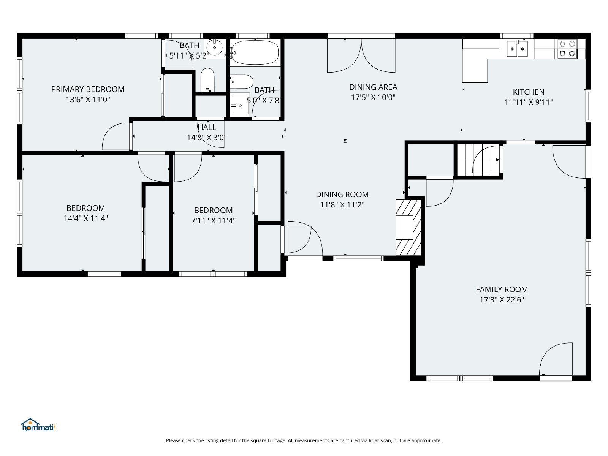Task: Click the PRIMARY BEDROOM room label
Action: click(x=88, y=89)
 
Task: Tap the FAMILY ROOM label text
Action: click(x=502, y=289)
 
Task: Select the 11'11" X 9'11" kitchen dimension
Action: click(x=529, y=102)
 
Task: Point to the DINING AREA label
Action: click(x=373, y=87)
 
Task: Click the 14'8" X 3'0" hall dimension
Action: click(x=207, y=137)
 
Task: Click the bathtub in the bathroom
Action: click(x=255, y=52)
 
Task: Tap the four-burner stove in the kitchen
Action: click(x=567, y=49)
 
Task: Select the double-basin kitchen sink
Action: click(x=517, y=49)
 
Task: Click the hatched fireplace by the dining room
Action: click(x=408, y=227)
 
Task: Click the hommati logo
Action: click(x=38, y=425)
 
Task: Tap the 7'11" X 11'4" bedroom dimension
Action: click(x=213, y=221)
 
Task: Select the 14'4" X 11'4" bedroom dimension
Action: click(x=85, y=218)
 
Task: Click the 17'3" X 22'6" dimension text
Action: click(x=502, y=300)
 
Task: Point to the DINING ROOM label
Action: click(x=342, y=195)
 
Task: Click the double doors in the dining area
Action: click(x=361, y=55)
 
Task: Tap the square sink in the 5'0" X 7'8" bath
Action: click(x=240, y=105)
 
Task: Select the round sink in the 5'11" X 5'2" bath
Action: click(x=214, y=48)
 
